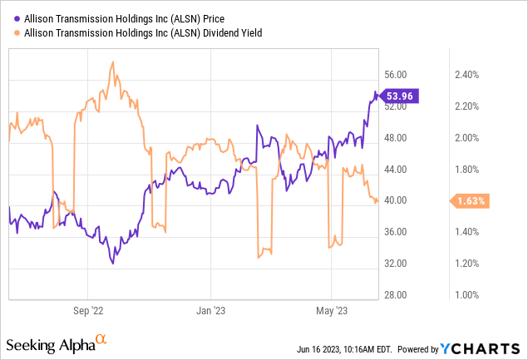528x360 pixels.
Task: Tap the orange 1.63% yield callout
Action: click(x=471, y=200)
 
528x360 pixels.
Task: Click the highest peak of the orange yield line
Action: click(x=112, y=62)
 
